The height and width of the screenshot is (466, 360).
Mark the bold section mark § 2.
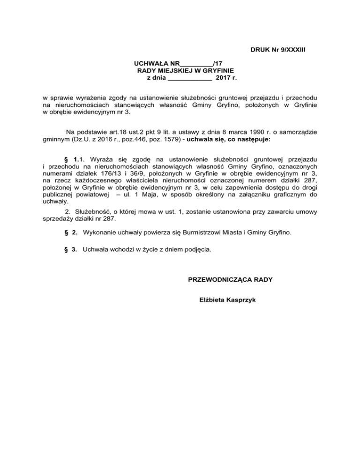click(71, 233)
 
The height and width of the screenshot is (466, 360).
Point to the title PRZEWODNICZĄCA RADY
click(230, 280)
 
